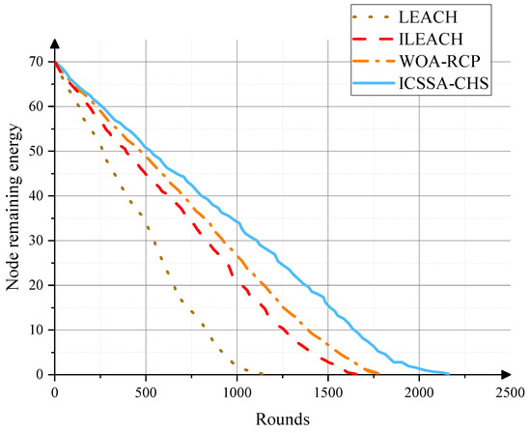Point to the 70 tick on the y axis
(x=38, y=62)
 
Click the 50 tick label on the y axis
(x=38, y=151)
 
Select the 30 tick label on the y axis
(x=38, y=241)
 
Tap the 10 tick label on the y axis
(x=38, y=330)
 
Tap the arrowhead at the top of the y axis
(x=55, y=45)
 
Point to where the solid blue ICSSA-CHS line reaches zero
(x=449, y=373)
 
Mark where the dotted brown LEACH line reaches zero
(x=262, y=373)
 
